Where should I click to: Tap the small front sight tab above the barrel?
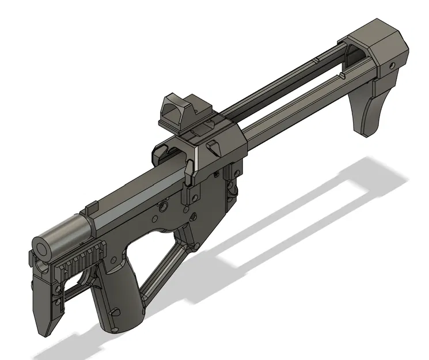coord(92,206)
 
